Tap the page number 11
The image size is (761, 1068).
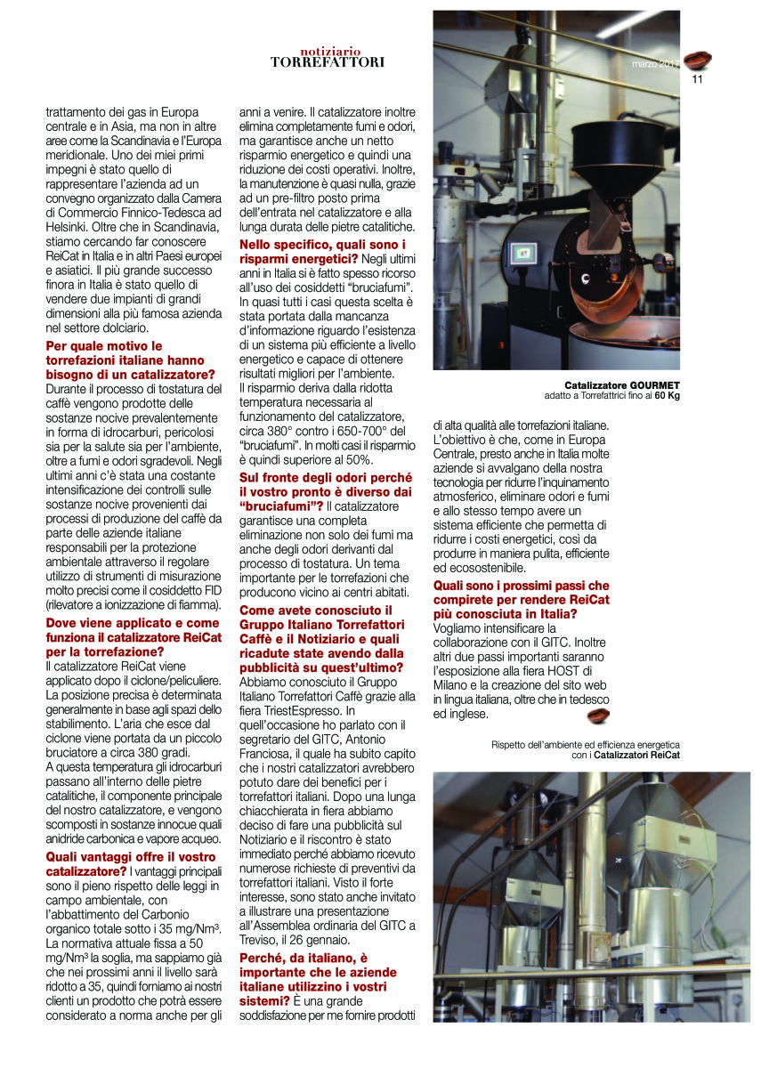pos(697,78)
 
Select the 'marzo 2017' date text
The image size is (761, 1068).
pos(654,64)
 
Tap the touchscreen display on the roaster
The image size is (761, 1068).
pos(525,253)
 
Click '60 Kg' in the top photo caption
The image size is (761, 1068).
pos(667,395)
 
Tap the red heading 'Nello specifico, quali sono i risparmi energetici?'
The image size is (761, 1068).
pos(323,251)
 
